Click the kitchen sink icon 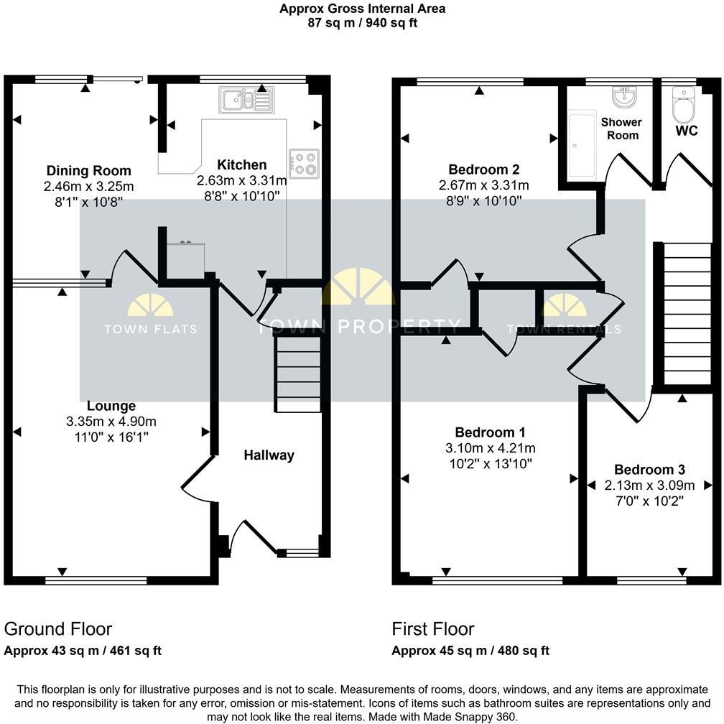(x=246, y=100)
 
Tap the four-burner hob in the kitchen (x=304, y=163)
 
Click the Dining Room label (x=89, y=171)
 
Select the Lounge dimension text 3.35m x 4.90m (x=111, y=422)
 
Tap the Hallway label (x=269, y=455)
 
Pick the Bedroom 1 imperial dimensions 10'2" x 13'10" (x=490, y=464)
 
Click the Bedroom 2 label (x=483, y=170)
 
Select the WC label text (x=687, y=132)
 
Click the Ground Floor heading (x=58, y=629)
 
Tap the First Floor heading (x=433, y=629)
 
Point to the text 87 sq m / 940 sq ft (x=362, y=22)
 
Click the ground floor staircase (x=298, y=373)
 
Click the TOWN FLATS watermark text (x=151, y=330)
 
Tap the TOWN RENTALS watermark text (x=564, y=330)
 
